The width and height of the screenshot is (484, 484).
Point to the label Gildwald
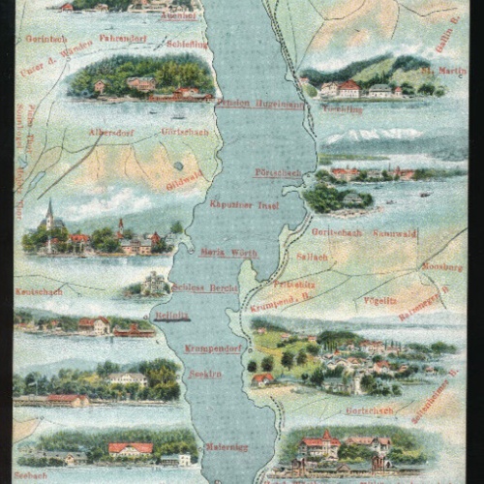click(185, 181)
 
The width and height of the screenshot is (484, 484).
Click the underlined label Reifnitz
click(172, 316)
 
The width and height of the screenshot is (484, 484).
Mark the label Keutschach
click(39, 290)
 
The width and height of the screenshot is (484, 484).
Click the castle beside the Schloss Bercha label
click(153, 284)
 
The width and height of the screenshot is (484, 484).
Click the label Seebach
click(31, 475)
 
